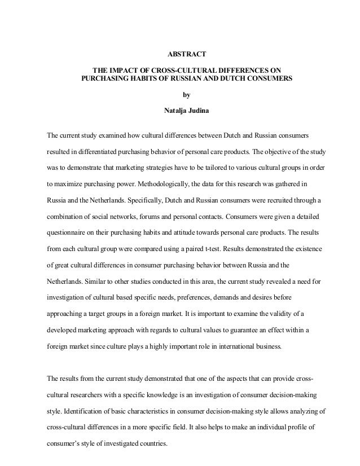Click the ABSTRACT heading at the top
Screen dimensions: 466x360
pos(187,55)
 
